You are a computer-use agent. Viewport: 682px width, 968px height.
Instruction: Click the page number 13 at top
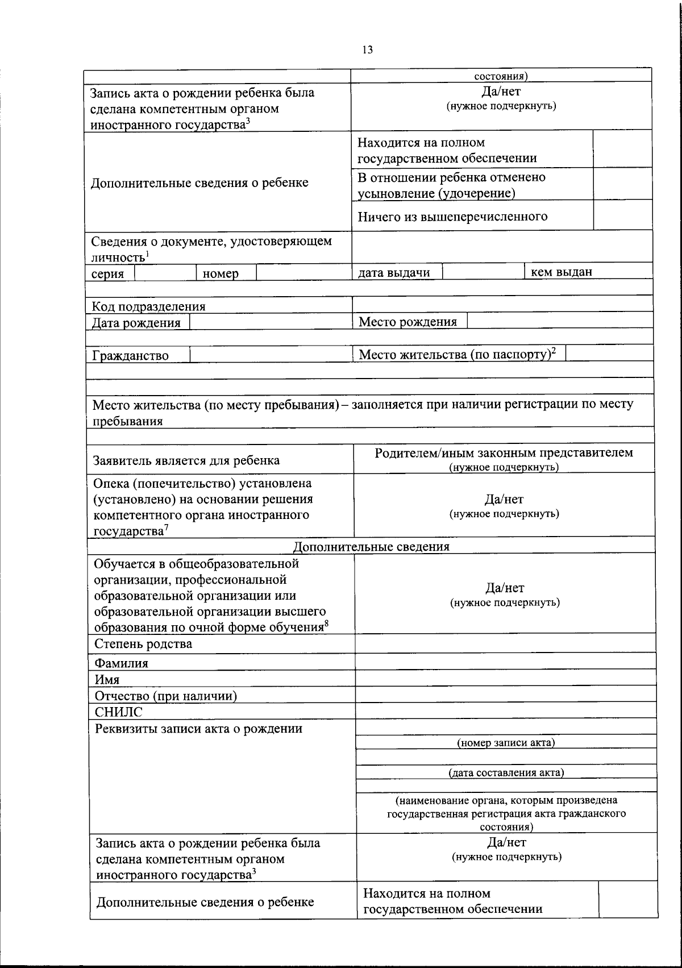[367, 50]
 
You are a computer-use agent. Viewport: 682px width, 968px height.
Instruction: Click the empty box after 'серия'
[166, 273]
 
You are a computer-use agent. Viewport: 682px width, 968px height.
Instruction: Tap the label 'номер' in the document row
[221, 273]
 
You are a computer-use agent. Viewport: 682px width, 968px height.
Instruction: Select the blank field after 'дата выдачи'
[483, 272]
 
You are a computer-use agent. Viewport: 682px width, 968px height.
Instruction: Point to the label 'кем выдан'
[561, 272]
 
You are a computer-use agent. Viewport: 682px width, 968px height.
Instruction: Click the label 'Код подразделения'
[149, 306]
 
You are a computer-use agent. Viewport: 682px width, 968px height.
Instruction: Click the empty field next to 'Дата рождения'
[270, 322]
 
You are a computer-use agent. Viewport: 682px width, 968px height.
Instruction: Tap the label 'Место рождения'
[407, 322]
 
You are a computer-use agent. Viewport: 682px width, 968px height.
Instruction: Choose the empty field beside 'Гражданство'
[270, 355]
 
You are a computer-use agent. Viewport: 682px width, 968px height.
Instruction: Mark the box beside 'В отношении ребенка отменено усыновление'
[622, 184]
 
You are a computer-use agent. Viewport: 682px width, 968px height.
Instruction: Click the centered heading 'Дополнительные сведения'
[371, 547]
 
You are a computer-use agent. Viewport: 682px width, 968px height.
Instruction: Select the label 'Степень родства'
[143, 644]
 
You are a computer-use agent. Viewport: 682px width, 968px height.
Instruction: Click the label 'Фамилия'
[122, 663]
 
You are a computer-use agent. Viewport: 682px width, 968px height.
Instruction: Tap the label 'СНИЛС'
[119, 712]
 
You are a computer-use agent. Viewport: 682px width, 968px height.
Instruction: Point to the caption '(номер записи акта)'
[506, 742]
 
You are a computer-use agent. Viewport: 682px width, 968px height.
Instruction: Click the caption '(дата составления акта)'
[506, 772]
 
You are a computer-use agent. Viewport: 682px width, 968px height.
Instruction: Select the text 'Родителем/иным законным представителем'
[504, 453]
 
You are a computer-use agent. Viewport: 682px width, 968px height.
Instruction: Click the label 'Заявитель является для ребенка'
[186, 460]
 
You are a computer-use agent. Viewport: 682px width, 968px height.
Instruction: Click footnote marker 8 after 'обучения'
[327, 625]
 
